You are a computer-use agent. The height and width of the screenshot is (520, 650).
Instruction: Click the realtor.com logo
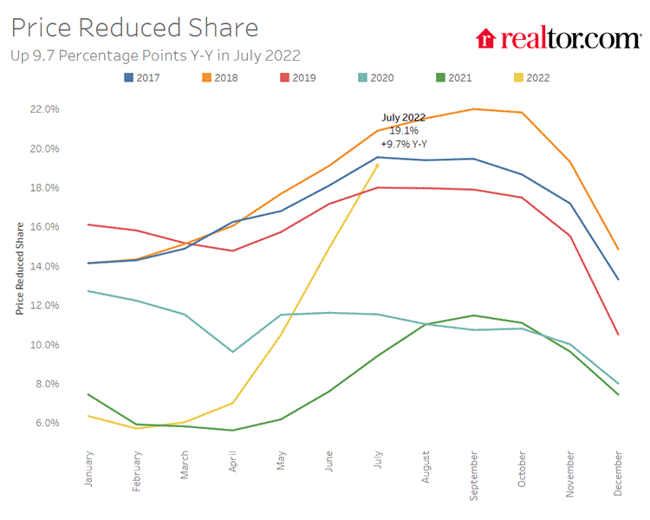point(558,38)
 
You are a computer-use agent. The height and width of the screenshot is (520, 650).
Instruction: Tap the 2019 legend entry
point(297,78)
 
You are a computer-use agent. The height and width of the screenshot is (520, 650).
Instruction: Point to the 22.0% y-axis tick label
point(45,109)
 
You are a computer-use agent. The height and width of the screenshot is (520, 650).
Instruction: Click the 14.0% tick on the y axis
point(45,266)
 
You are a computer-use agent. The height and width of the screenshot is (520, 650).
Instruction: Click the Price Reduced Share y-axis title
point(19,266)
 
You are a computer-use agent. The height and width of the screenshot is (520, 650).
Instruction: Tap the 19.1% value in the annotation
point(403,130)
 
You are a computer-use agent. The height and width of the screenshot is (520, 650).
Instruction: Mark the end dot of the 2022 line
point(377,166)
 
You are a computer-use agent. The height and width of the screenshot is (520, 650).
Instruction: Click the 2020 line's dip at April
point(232,352)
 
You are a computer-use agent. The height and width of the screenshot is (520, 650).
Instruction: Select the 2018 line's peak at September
point(473,109)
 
